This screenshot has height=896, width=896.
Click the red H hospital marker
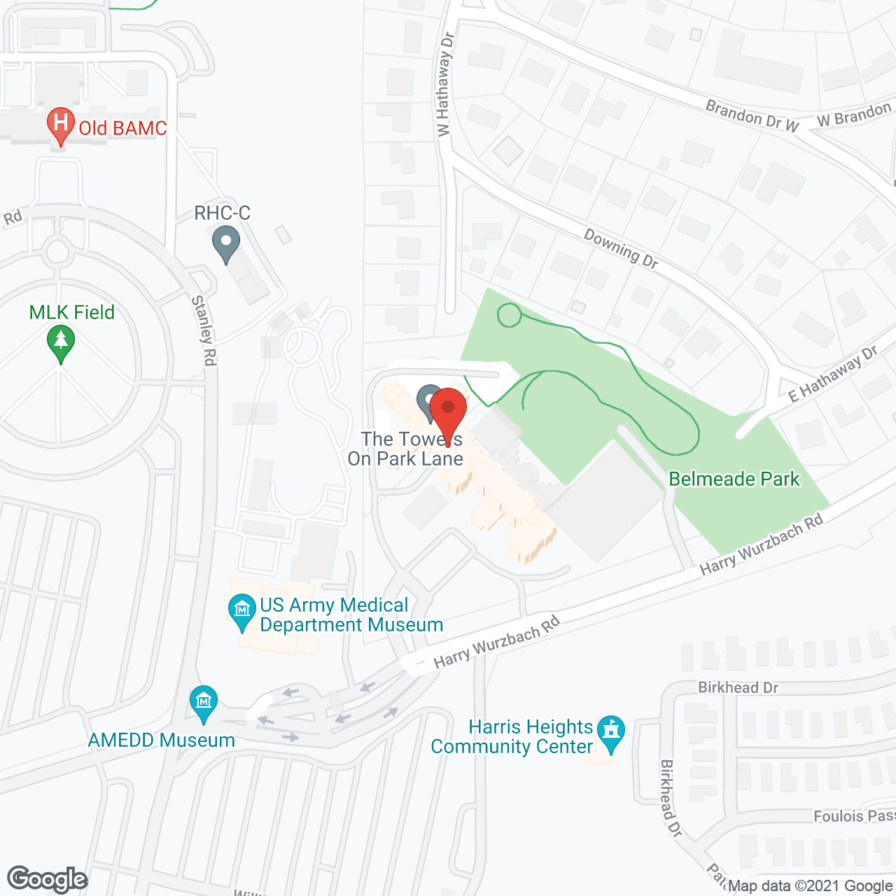click(61, 125)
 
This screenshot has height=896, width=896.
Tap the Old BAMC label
click(122, 128)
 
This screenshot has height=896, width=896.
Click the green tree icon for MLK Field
click(61, 343)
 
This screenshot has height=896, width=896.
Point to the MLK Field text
click(71, 312)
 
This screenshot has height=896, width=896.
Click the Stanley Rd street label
click(204, 330)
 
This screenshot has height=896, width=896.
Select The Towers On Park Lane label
click(405, 449)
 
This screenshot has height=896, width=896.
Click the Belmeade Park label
click(734, 479)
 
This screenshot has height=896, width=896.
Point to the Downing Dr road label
click(621, 249)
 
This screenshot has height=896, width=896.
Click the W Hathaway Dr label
click(445, 84)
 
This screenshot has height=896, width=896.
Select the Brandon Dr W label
click(752, 116)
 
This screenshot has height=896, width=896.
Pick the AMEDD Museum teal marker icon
click(203, 701)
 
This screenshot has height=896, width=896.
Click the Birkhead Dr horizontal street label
click(738, 687)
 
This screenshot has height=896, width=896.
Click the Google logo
click(47, 879)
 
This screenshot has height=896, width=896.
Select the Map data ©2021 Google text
click(810, 886)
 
